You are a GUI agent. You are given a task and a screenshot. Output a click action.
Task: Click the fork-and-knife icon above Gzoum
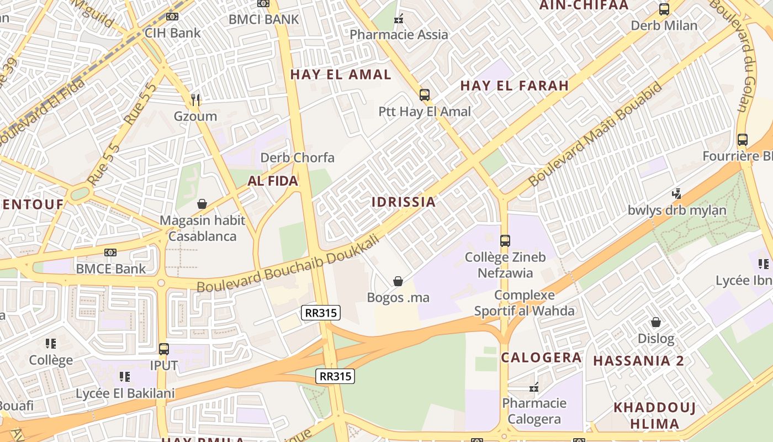[196, 100]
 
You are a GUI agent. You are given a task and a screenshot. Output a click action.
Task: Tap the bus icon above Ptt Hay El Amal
[424, 95]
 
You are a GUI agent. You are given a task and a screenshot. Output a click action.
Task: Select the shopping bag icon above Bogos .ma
[398, 281]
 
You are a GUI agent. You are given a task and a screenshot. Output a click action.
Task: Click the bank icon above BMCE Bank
[110, 252]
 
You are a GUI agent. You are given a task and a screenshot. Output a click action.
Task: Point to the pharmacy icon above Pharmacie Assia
[399, 19]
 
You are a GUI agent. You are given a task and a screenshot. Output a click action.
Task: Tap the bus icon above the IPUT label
[163, 349]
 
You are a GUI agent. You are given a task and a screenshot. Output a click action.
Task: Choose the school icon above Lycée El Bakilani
[125, 377]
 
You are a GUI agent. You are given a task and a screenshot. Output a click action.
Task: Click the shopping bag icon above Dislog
[656, 322]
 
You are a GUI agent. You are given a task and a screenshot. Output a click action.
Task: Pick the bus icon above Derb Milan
[664, 9]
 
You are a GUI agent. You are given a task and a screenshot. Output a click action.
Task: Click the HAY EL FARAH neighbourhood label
[514, 86]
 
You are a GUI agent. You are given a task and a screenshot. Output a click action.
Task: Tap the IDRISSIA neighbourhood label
[404, 202]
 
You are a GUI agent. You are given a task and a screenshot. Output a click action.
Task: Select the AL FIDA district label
[273, 181]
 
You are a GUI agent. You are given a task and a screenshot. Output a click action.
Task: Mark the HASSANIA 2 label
[638, 361]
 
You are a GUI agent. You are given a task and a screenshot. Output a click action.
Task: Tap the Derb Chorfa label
[297, 157]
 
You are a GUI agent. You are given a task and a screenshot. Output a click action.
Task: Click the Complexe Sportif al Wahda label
[525, 303]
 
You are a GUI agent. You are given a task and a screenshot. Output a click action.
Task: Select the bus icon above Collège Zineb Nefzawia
[505, 241]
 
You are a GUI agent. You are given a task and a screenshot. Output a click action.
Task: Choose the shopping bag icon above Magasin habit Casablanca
[202, 204]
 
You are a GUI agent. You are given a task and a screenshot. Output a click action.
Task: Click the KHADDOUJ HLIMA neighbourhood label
[654, 416]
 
